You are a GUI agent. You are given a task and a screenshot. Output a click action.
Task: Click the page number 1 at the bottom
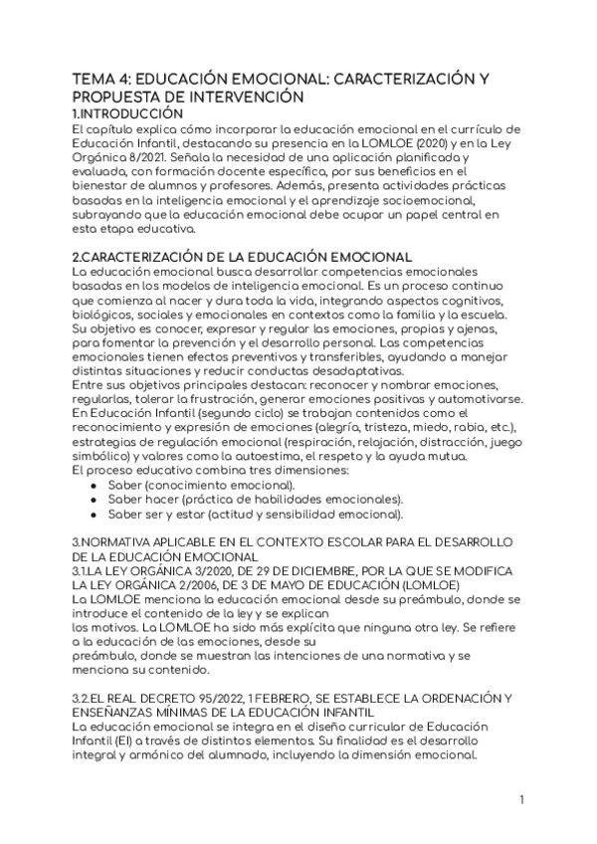521,800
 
